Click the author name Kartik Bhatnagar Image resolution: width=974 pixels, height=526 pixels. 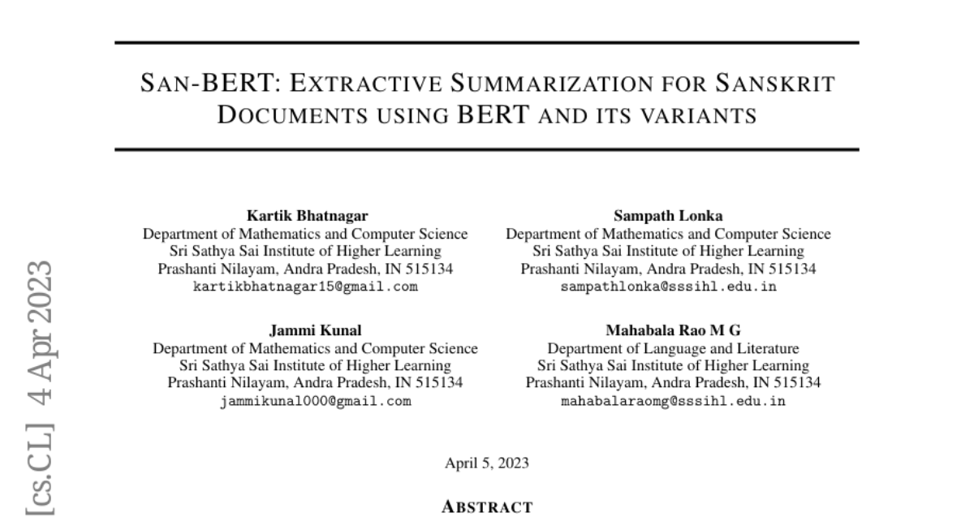pyautogui.click(x=305, y=216)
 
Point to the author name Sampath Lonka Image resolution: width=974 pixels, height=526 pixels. pyautogui.click(x=668, y=216)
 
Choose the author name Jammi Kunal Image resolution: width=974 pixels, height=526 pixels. pyautogui.click(x=315, y=330)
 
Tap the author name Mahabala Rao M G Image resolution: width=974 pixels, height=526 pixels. pyautogui.click(x=673, y=330)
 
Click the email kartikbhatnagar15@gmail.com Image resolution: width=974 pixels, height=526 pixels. pyautogui.click(x=305, y=287)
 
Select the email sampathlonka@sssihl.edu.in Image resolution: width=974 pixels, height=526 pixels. pyautogui.click(x=668, y=287)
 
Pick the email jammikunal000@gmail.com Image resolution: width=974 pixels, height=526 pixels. pyautogui.click(x=315, y=401)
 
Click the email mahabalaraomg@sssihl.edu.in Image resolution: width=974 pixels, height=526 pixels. pyautogui.click(x=673, y=401)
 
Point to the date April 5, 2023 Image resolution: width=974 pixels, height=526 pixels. pyautogui.click(x=487, y=463)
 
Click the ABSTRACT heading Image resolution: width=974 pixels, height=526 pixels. pyautogui.click(x=487, y=508)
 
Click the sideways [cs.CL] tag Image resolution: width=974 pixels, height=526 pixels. pyautogui.click(x=40, y=468)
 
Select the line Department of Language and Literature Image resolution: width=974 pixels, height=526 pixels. pyautogui.click(x=673, y=349)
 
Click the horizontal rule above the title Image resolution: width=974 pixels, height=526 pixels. pyautogui.click(x=487, y=42)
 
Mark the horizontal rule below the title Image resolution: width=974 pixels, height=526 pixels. pyautogui.click(x=487, y=149)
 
